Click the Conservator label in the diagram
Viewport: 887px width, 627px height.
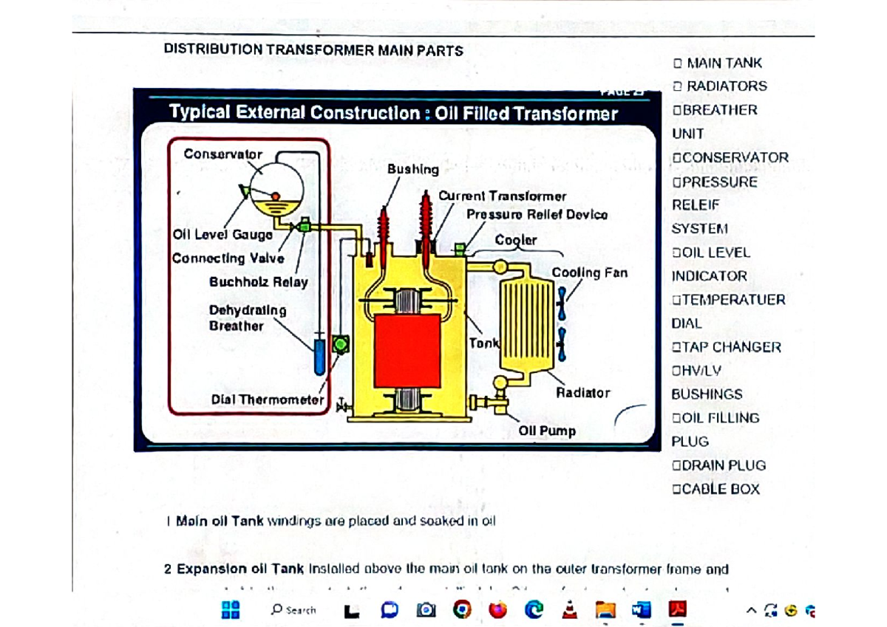coord(222,154)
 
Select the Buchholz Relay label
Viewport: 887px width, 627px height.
coord(259,281)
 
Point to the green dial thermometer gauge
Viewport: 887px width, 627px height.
coord(341,343)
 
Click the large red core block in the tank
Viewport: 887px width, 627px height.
coord(408,349)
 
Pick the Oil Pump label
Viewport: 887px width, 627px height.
coord(547,431)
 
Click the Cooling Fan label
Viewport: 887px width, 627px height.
coord(589,273)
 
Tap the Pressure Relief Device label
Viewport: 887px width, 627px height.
coord(537,214)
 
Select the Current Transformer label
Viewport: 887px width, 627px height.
coord(502,196)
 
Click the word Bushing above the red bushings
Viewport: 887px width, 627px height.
coord(412,169)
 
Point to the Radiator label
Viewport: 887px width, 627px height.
coord(583,393)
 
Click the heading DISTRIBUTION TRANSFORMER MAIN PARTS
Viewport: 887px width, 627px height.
coord(313,50)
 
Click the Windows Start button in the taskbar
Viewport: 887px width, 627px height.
coord(231,609)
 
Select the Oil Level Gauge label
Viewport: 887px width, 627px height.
coord(222,235)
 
